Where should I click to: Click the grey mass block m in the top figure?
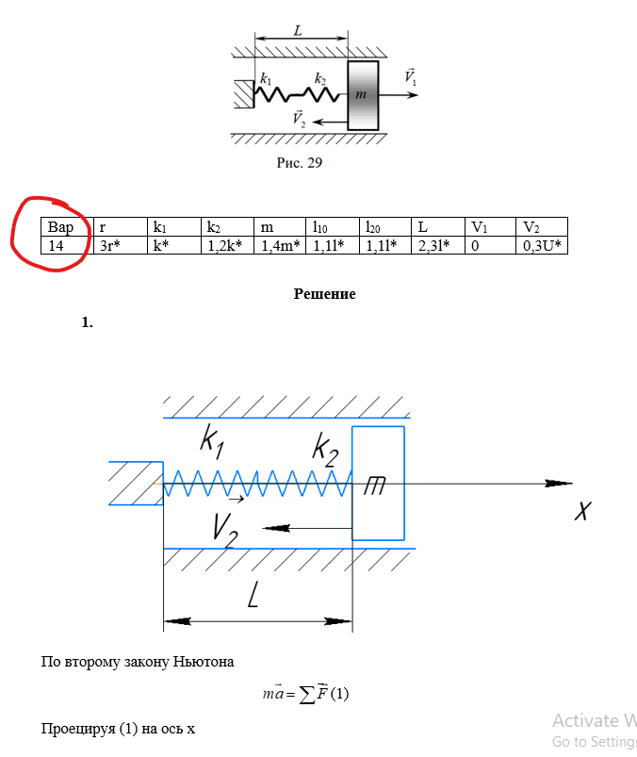click(363, 95)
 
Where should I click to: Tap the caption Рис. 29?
click(300, 163)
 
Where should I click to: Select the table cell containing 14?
click(67, 245)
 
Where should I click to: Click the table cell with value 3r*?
click(121, 245)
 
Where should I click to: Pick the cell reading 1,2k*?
click(227, 245)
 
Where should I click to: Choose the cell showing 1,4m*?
click(280, 245)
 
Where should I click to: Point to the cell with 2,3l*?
click(438, 245)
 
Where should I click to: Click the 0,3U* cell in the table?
click(542, 245)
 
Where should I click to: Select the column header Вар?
click(67, 227)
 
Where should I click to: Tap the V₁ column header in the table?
click(490, 227)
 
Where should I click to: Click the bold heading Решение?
click(325, 294)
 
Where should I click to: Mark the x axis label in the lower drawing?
click(583, 510)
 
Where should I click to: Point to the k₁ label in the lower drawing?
click(212, 441)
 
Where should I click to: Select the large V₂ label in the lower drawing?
click(225, 531)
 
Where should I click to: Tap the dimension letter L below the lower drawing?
click(253, 594)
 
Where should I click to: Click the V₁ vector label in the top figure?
click(410, 76)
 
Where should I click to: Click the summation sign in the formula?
click(307, 695)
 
